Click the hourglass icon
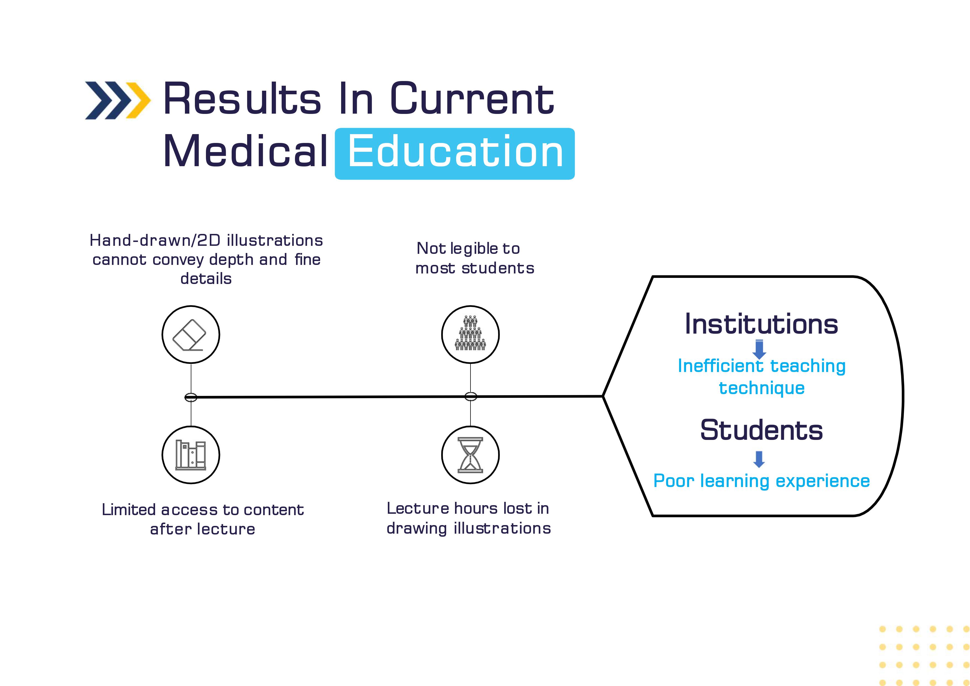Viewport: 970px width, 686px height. tap(470, 455)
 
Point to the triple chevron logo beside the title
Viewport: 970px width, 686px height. tap(117, 100)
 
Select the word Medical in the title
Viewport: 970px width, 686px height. tap(245, 151)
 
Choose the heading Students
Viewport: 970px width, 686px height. tap(761, 430)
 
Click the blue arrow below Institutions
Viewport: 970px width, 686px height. tap(759, 349)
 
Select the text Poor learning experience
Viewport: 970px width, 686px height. tap(761, 481)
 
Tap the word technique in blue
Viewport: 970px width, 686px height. tap(762, 388)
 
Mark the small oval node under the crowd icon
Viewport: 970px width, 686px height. tap(471, 397)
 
